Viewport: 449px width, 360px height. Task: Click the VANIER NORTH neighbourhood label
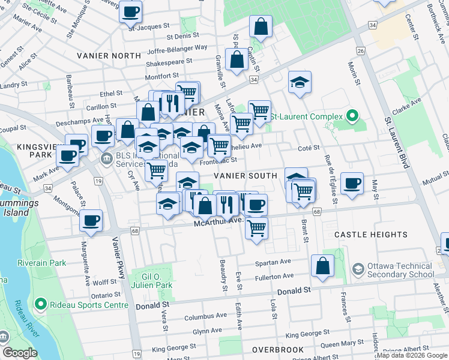tap(109, 56)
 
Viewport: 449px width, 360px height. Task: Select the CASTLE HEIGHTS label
tap(370, 235)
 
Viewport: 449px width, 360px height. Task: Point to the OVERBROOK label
tap(276, 349)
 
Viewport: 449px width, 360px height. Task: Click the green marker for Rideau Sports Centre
tap(41, 305)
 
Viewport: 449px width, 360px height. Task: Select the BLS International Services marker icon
tap(107, 160)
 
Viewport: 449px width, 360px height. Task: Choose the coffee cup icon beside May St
tap(352, 182)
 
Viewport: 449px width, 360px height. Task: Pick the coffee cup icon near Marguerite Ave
tap(91, 221)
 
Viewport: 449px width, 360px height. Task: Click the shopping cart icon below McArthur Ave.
tap(256, 228)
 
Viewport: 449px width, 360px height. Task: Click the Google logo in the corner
tap(20, 352)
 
